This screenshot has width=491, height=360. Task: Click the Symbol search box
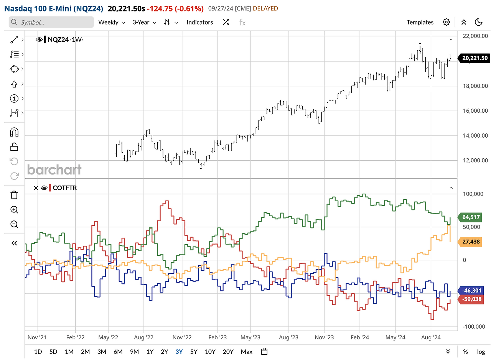[x=51, y=22]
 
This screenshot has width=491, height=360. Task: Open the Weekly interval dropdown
[x=112, y=22]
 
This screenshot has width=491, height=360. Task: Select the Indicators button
[x=199, y=22]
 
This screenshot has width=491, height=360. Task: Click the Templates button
[x=420, y=22]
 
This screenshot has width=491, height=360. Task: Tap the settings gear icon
[x=446, y=22]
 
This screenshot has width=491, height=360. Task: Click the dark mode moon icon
[x=478, y=22]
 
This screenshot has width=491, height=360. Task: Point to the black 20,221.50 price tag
[x=475, y=58]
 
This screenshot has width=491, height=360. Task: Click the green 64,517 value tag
[x=471, y=217]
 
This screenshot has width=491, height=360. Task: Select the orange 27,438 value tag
[x=471, y=242]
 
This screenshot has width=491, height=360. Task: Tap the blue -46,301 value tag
[x=471, y=291]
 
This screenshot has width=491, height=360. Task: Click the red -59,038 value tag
[x=471, y=299]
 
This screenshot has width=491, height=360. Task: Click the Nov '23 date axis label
[x=325, y=338]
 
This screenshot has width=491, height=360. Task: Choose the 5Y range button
[x=194, y=352]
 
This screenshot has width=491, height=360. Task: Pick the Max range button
[x=247, y=352]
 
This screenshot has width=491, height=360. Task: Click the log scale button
[x=481, y=352]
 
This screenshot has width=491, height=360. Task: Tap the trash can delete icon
[x=14, y=195]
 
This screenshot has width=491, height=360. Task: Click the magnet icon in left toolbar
[x=14, y=132]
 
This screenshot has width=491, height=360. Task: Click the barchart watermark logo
[x=54, y=169]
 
